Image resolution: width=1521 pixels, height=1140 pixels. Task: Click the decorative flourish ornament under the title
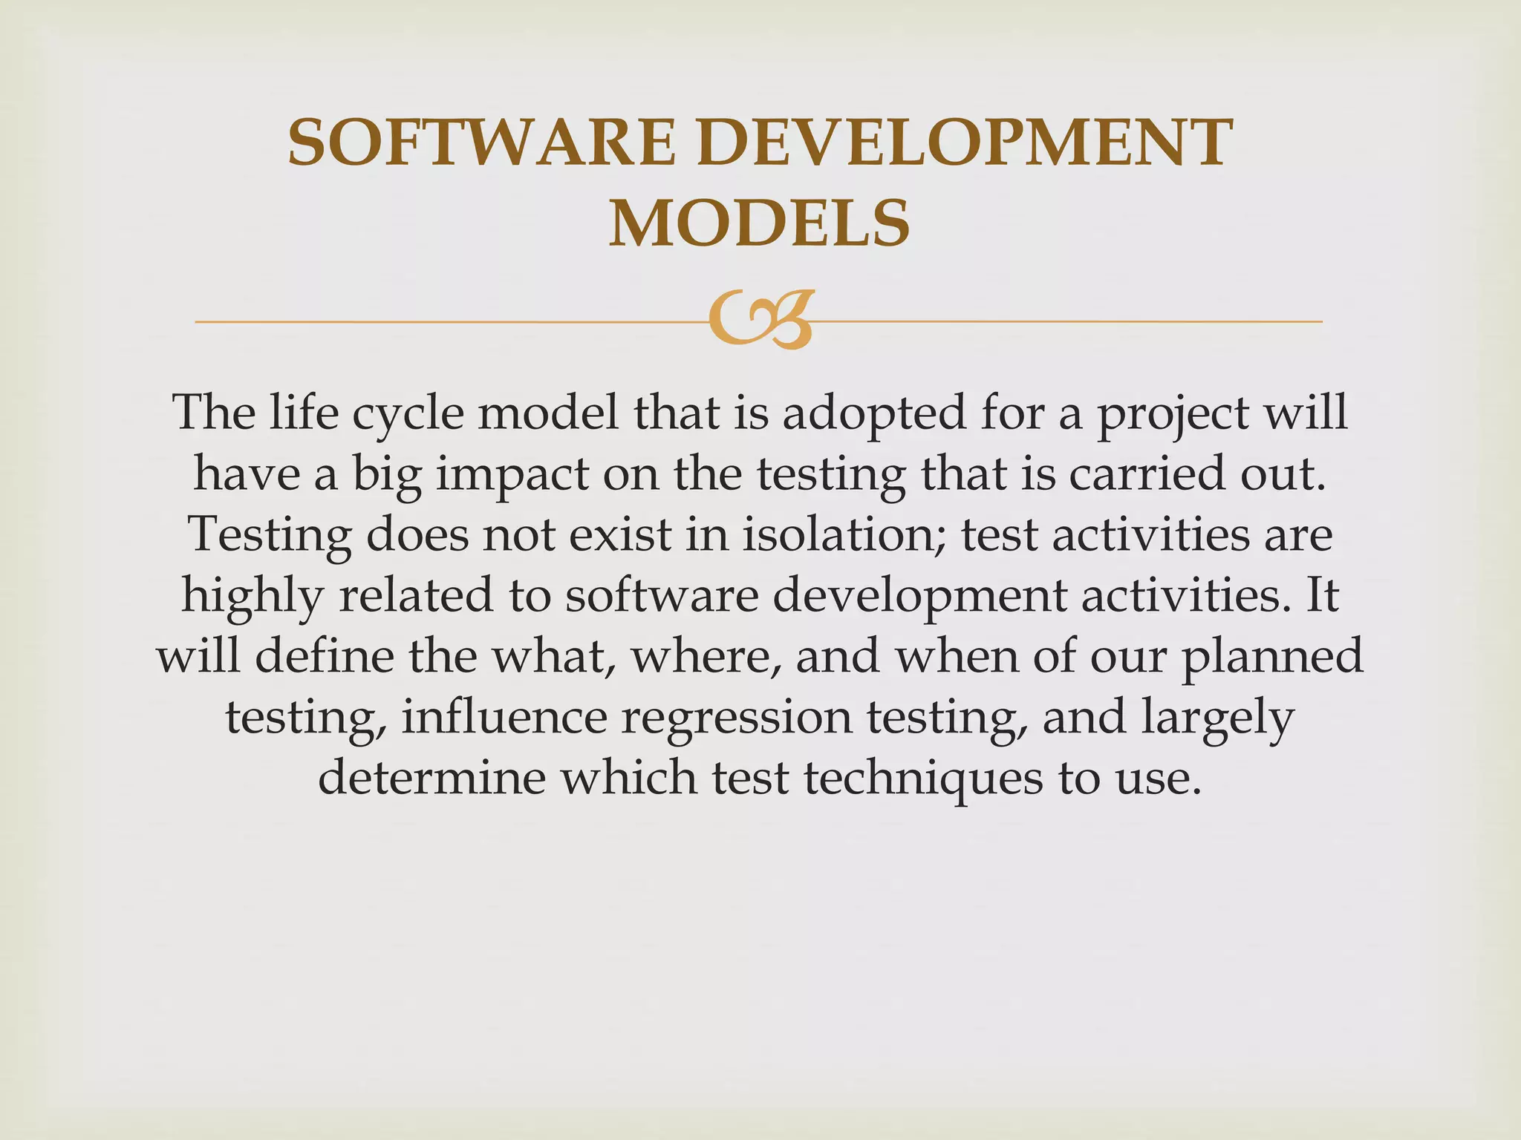pos(760,321)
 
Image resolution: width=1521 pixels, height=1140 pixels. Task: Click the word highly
pos(253,597)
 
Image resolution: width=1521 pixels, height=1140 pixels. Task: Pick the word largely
pos(1218,718)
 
